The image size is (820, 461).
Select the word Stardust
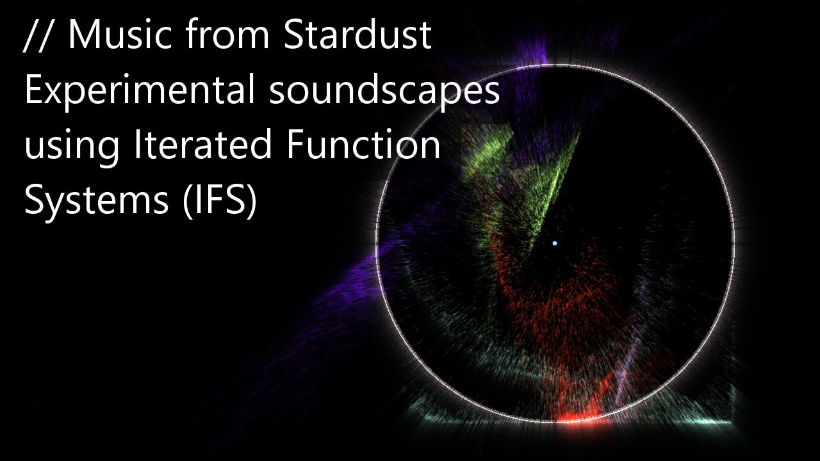pos(357,36)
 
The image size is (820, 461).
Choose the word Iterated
pos(202,146)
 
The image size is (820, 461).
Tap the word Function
pos(363,146)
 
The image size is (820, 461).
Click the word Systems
pos(95,202)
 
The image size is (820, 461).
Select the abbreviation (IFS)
pos(219,202)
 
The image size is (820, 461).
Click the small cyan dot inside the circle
pos(555,243)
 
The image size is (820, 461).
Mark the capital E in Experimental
pos(33,92)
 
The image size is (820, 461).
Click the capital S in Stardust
pos(292,36)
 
